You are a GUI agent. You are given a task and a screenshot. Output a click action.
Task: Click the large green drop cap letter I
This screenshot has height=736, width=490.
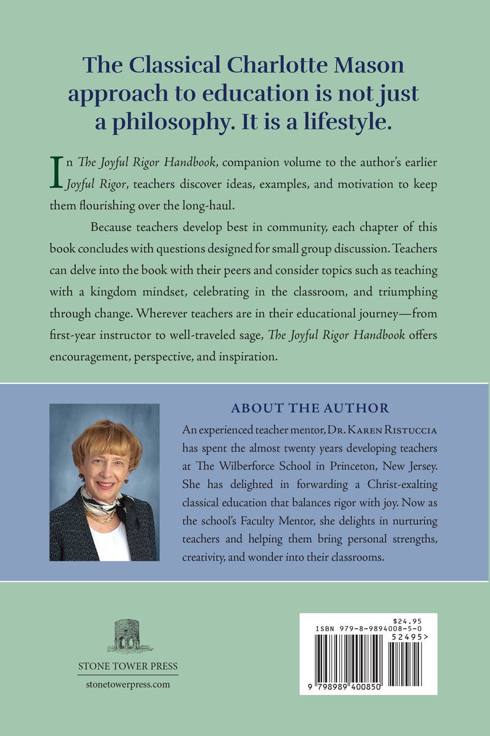pyautogui.click(x=56, y=172)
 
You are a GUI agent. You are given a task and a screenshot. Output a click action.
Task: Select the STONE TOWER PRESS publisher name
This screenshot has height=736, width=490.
pyautogui.click(x=127, y=667)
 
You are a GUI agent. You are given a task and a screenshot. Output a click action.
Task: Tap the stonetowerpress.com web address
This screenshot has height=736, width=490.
pyautogui.click(x=127, y=684)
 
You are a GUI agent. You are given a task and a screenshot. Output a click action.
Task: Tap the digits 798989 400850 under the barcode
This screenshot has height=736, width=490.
pyautogui.click(x=346, y=688)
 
